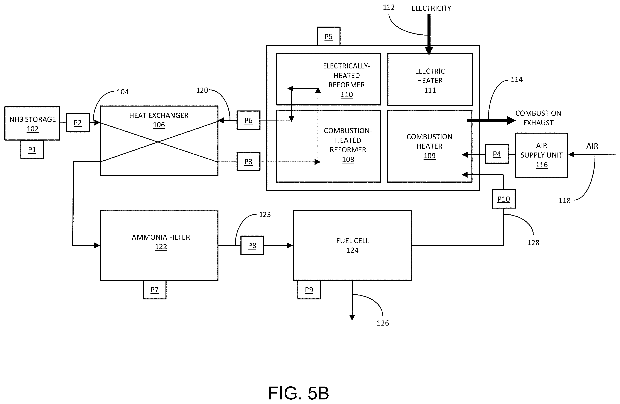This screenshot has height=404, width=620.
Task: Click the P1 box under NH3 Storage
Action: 32,150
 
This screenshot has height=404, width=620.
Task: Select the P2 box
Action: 78,122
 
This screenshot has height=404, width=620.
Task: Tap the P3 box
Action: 248,162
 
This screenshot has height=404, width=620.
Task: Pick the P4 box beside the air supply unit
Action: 497,154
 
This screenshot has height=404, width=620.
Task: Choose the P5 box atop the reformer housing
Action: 328,36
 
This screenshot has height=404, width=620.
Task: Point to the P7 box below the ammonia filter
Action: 154,290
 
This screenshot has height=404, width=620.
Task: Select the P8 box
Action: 252,246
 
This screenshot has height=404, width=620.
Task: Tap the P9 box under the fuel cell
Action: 309,290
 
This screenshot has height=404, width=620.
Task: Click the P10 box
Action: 503,199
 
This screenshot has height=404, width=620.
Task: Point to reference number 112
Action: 389,7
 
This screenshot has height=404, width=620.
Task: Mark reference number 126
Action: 383,323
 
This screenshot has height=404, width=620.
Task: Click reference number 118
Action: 564,201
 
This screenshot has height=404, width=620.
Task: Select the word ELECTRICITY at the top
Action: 431,8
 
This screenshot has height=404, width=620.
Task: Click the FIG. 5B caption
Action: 299,393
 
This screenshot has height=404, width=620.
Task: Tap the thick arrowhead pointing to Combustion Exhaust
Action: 511,121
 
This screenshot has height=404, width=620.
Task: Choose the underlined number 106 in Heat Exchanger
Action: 159,125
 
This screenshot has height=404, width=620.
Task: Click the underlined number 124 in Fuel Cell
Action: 352,250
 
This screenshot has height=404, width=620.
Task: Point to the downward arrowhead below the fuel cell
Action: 352,317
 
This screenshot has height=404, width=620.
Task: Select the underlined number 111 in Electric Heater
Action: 430,90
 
